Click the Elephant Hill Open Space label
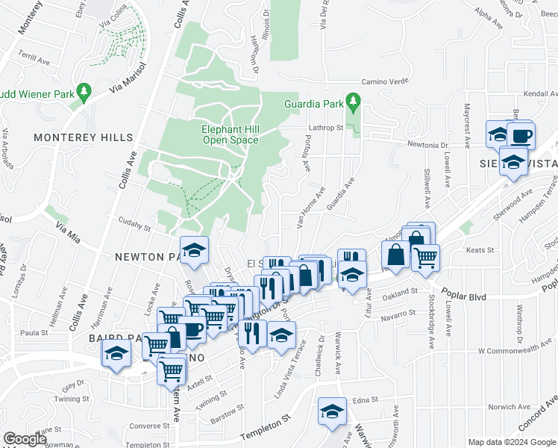click(230, 134)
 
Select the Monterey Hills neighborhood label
click(83, 138)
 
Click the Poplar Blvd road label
click(463, 296)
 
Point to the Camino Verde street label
click(386, 81)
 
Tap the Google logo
click(25, 439)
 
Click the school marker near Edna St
click(332, 411)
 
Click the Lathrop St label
click(325, 128)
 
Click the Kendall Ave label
click(541, 95)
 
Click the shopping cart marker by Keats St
click(425, 258)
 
